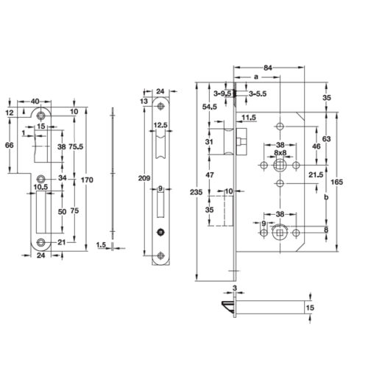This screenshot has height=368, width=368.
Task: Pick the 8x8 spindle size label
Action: [280, 153]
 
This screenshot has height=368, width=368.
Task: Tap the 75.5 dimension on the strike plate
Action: [76, 146]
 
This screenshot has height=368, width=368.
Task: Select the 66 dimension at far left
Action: [10, 146]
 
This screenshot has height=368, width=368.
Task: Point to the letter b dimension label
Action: [327, 199]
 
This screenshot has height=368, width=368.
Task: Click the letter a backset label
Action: [255, 77]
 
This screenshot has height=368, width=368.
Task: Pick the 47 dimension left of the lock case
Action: [210, 175]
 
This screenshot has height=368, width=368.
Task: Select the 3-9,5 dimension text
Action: [222, 94]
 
